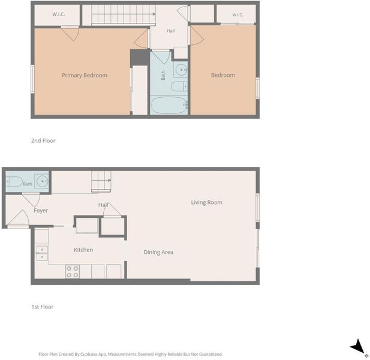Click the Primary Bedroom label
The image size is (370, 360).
point(85,76)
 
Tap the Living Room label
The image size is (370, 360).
point(206,202)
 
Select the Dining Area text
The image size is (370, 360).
point(158,252)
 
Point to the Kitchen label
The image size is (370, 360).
point(83,250)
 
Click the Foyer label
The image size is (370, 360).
point(41,211)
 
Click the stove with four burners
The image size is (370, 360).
point(73,271)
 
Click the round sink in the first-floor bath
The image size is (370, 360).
point(43,181)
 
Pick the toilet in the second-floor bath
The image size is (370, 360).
point(179,86)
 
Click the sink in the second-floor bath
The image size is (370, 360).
point(181,70)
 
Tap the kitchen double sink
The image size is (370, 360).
point(42,253)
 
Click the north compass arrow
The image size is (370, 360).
point(358,347)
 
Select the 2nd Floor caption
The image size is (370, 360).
point(43,140)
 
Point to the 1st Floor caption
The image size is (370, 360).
point(42,307)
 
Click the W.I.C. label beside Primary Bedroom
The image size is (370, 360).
point(58,14)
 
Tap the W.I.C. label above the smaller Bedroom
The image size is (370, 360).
point(237,15)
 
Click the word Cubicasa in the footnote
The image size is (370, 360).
point(90,354)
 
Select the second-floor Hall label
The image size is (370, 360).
point(170,31)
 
